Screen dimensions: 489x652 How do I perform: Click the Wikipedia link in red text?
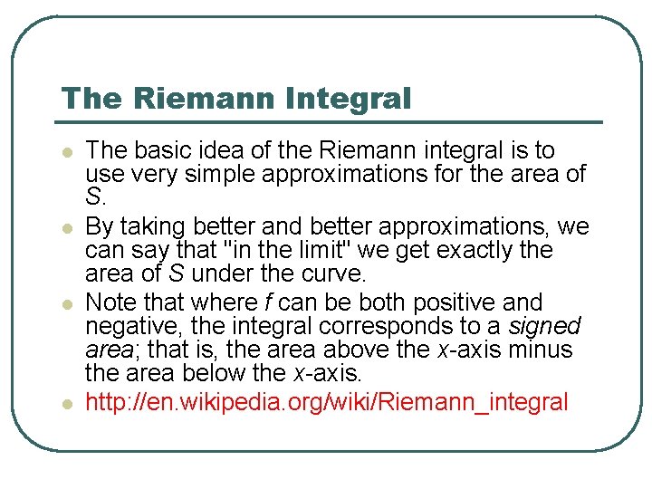point(326,401)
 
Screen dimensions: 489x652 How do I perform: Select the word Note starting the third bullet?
point(109,302)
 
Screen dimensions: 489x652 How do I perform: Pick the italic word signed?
point(545,326)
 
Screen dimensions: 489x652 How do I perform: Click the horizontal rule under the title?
point(331,122)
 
